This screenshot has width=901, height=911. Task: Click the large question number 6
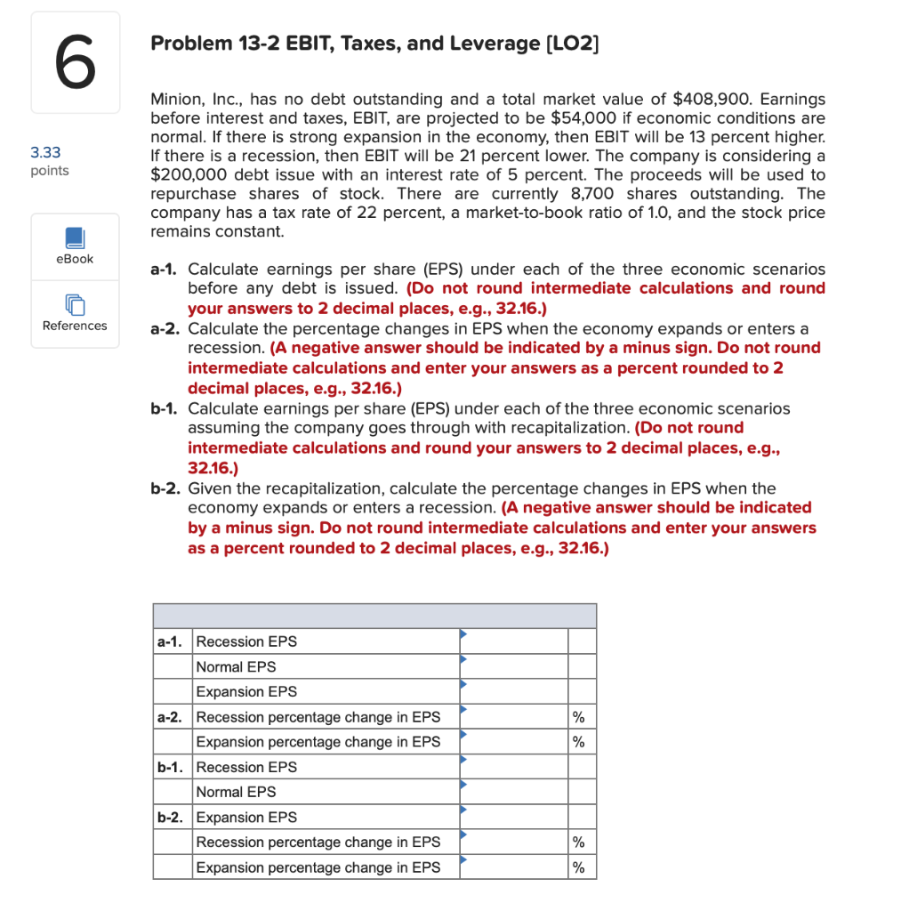click(75, 62)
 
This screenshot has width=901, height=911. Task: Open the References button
click(75, 314)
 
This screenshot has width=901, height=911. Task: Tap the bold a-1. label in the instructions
click(166, 269)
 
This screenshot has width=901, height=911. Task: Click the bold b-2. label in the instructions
click(166, 488)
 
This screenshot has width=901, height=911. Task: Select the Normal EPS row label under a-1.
click(236, 666)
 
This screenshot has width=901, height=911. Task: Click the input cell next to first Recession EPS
click(512, 641)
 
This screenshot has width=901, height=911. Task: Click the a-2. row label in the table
click(172, 717)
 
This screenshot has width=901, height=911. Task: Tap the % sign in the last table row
click(579, 867)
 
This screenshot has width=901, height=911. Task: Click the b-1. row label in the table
click(172, 767)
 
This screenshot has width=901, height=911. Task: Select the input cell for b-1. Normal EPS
click(512, 792)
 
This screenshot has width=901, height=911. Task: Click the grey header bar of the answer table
click(374, 616)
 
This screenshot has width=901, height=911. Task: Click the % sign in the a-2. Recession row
click(579, 717)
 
